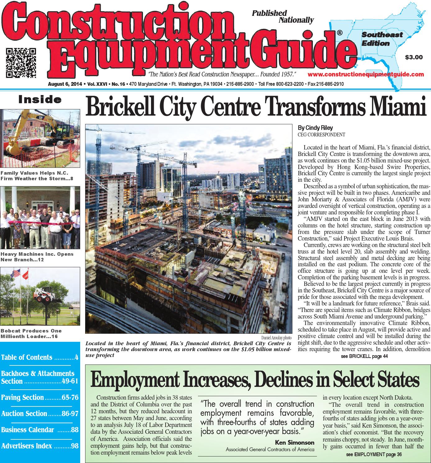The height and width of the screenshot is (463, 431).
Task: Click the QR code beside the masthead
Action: click(x=21, y=62)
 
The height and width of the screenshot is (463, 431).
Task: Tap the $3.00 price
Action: click(x=414, y=57)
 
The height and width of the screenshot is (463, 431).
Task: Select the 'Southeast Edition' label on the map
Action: click(x=382, y=39)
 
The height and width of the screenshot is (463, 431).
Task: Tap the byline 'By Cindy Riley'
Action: click(x=315, y=128)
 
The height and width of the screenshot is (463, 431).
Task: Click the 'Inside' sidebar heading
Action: click(x=40, y=100)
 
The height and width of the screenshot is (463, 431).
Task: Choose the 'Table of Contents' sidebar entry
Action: click(x=27, y=357)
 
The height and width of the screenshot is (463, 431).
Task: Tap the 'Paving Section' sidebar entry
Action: click(x=23, y=397)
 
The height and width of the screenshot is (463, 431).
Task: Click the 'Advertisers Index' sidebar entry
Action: click(x=27, y=446)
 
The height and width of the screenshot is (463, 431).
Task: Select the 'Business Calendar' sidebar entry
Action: click(x=28, y=430)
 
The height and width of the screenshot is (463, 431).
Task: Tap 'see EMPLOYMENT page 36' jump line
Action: click(x=374, y=455)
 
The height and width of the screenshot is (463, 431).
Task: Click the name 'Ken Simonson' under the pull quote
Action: click(x=295, y=442)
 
